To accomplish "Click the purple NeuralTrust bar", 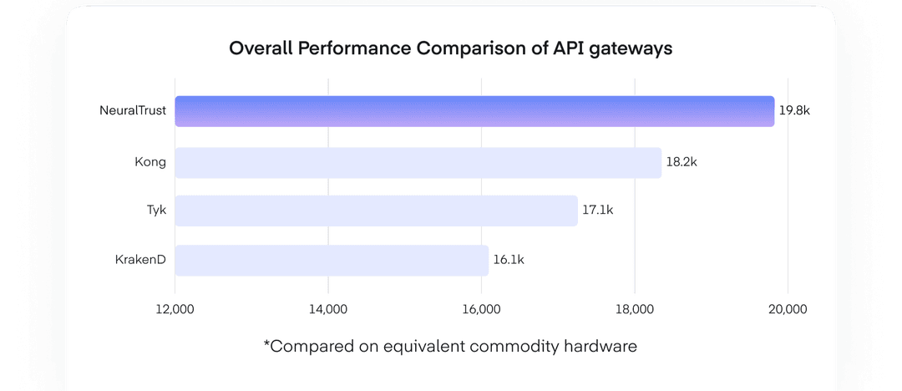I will coord(474,111).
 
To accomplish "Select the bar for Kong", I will coord(418,162).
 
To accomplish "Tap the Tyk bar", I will coord(376,211).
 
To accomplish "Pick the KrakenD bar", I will coord(332,260).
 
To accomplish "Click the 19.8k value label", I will coord(794,111).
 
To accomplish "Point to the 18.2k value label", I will coord(682,162).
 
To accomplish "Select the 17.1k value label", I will coord(597,211).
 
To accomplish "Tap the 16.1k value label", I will coord(509,260).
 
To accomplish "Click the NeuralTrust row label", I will coord(133,110).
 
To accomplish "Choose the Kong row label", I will coord(150,162).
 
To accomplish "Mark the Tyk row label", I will coord(156,211).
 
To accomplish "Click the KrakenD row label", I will coord(140,260).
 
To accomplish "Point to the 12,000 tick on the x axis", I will coord(175,309).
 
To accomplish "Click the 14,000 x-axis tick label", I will coord(327,309).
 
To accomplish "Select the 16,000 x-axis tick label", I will coord(481,309).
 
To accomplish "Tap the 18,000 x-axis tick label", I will coord(634,309).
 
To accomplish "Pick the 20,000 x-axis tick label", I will coord(787,309).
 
